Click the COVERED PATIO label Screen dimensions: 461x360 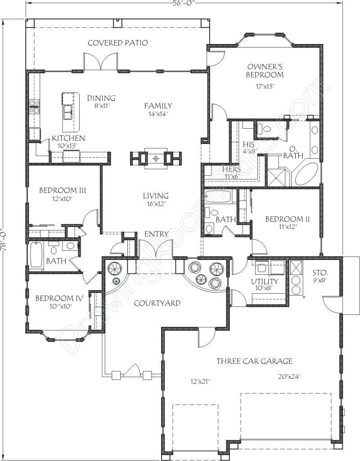(x=117, y=43)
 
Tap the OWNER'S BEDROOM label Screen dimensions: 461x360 (x=265, y=71)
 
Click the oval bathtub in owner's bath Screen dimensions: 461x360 (x=306, y=174)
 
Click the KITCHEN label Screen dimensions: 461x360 (x=68, y=138)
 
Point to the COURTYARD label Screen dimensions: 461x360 (x=157, y=303)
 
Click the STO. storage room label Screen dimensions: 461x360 (x=320, y=273)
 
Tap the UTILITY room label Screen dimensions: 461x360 (x=264, y=282)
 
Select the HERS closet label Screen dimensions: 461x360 (x=231, y=170)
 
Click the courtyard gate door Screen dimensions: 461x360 (x=132, y=371)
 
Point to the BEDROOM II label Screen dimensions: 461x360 (x=287, y=219)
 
